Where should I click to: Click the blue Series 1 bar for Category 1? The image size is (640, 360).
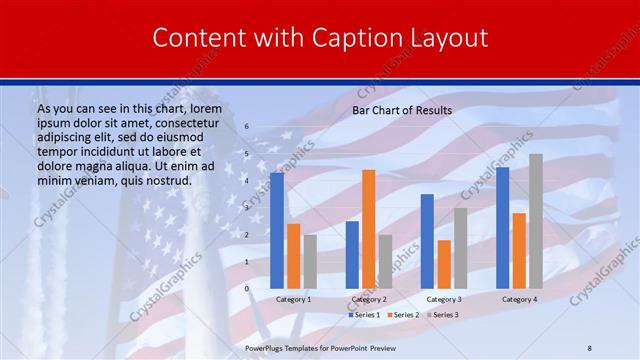(x=277, y=230)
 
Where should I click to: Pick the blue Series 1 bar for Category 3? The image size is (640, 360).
(x=427, y=241)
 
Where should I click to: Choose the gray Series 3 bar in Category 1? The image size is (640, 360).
(x=310, y=261)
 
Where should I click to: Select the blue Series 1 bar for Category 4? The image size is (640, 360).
(x=502, y=227)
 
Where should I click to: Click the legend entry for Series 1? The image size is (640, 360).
(x=364, y=315)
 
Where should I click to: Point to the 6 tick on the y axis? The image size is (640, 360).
(x=247, y=127)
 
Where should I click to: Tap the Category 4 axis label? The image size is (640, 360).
(x=519, y=299)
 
